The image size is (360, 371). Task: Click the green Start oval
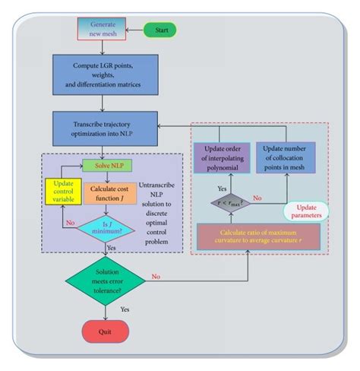[160, 30]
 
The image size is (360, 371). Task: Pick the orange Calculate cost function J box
[112, 194]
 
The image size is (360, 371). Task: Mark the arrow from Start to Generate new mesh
[132, 30]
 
